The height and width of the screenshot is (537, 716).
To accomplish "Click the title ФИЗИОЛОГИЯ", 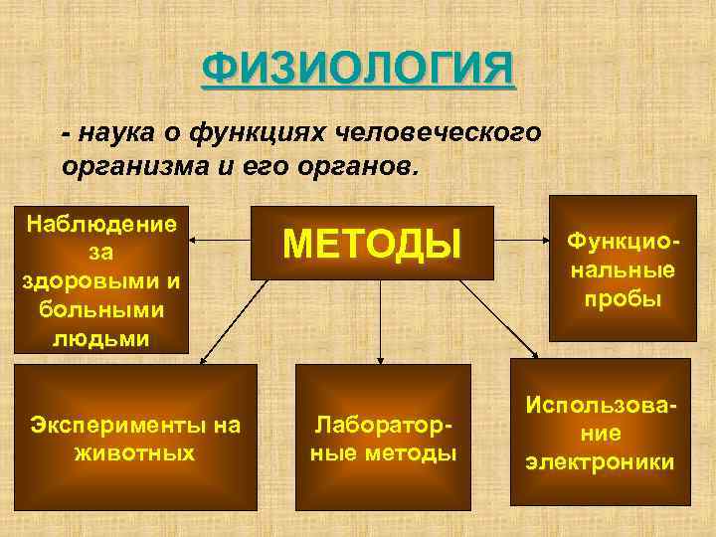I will point(359,71).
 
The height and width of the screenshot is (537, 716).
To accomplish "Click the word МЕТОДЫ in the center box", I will point(373,244).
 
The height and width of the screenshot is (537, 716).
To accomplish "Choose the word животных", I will point(134,452).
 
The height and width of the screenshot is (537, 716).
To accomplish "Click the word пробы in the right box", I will point(621,298).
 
